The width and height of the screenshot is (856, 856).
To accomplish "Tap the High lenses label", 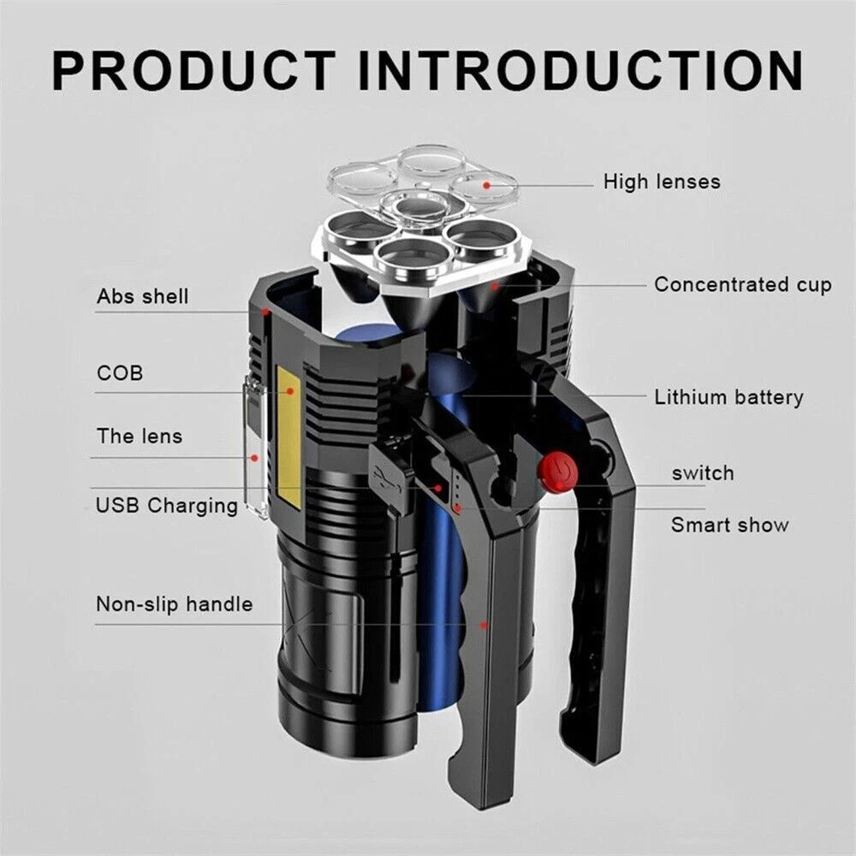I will coord(662,181).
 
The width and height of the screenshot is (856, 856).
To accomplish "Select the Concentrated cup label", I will coord(742,285).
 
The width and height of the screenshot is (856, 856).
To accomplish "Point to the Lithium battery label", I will coord(728,397).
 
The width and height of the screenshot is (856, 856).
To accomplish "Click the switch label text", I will coord(702,473).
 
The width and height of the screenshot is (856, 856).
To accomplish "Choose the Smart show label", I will coord(729,525).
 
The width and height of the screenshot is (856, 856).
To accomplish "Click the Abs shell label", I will coord(142,297).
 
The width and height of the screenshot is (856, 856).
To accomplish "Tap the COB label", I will coord(120,373).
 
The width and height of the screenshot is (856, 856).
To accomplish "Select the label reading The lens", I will coord(140,436).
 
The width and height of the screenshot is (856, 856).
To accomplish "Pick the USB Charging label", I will coord(167,505).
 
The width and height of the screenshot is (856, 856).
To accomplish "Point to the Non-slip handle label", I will coord(174,604).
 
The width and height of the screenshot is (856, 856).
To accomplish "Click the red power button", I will coord(557,470).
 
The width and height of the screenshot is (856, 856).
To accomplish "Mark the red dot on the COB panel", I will coord(290,390).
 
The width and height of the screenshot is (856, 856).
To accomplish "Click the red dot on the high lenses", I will coord(486,183).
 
